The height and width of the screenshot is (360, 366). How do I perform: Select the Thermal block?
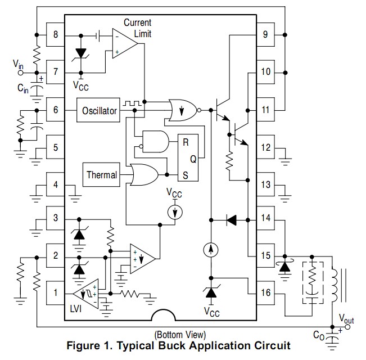102,175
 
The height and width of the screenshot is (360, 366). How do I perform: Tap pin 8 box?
55,35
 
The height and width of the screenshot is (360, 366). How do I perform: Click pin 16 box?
265,293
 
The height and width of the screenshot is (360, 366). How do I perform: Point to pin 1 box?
55,293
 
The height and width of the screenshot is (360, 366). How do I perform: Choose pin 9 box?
265,35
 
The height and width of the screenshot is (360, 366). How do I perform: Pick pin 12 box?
265,147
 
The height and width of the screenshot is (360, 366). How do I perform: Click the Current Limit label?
138,29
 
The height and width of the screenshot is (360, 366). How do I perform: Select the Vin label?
19,65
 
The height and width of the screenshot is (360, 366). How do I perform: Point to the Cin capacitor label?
23,88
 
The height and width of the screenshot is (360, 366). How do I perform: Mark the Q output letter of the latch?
193,159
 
